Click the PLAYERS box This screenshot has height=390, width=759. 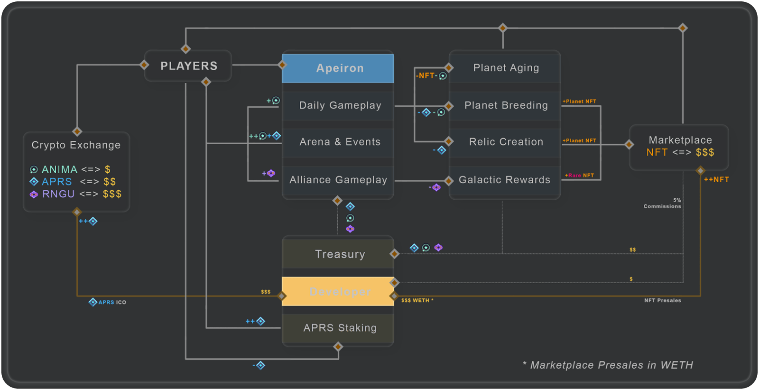pos(188,66)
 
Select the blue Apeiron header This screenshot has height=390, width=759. pos(338,68)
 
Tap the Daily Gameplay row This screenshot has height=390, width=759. pos(340,105)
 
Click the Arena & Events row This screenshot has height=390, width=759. pos(340,142)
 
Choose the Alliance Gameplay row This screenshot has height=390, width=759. pos(338,180)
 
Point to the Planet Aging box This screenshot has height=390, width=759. pos(506,68)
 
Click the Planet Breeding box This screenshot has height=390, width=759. pos(506,105)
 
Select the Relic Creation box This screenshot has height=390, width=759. pos(506,142)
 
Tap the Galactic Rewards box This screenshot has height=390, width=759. pos(504,180)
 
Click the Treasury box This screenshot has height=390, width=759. pos(340,254)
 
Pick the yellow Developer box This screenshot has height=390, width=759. pos(338,291)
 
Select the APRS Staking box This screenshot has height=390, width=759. pos(340,328)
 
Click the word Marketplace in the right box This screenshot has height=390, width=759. pos(680,140)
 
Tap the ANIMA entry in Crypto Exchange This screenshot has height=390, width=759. pos(59,169)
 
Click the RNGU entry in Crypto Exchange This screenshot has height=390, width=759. pos(58,194)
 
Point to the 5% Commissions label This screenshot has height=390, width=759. pos(663,204)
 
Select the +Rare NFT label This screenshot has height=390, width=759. pos(580,176)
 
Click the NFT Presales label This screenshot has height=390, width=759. pos(662,300)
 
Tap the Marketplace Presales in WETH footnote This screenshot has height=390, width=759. pos(608,365)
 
